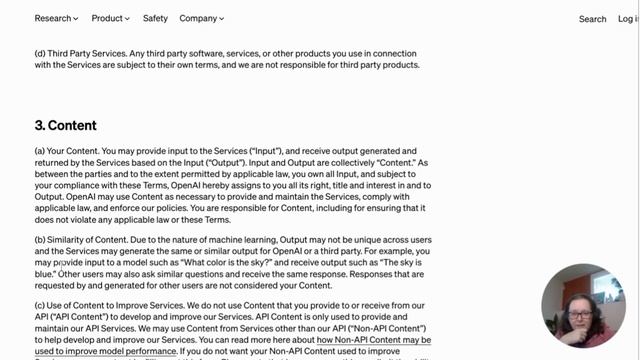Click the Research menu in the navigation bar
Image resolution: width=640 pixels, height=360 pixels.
click(54, 18)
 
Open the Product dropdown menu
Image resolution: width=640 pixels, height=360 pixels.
click(109, 18)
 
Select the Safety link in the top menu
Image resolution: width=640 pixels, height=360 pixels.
click(155, 18)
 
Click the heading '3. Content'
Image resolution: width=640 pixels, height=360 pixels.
click(66, 126)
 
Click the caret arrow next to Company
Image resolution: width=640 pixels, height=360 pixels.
click(221, 19)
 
